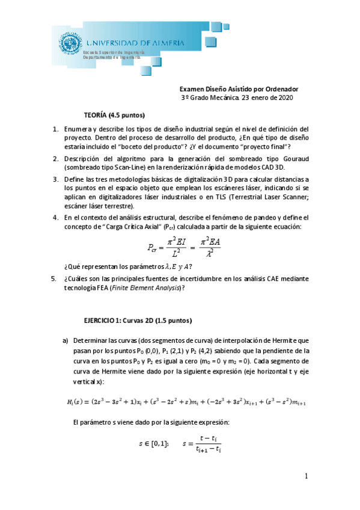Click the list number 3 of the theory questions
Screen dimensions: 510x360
[55, 179]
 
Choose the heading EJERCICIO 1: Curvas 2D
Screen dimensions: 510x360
[138, 320]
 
